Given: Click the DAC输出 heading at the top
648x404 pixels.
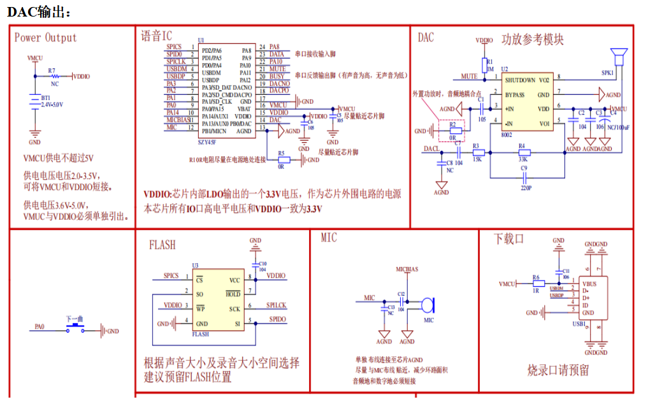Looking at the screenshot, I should coord(40,11).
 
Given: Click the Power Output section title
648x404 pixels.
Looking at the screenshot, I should coord(45,38).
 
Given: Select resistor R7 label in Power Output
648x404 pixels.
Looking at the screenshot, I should coord(52,69).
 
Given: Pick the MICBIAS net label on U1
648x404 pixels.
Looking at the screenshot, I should coord(179,120).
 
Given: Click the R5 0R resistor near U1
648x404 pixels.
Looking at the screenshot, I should coord(281,160).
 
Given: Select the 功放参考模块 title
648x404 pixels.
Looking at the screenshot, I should coord(533,39).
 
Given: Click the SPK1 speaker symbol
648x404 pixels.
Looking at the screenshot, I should coord(616,57).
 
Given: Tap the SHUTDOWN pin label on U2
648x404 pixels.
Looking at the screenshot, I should coord(520,81).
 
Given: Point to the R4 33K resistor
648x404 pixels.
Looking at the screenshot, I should coord(522,152).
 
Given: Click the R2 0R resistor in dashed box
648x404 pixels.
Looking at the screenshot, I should coord(452,131).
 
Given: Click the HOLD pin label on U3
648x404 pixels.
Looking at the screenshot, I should coord(233,294).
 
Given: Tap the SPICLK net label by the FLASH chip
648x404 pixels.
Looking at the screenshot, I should coord(277,306).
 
